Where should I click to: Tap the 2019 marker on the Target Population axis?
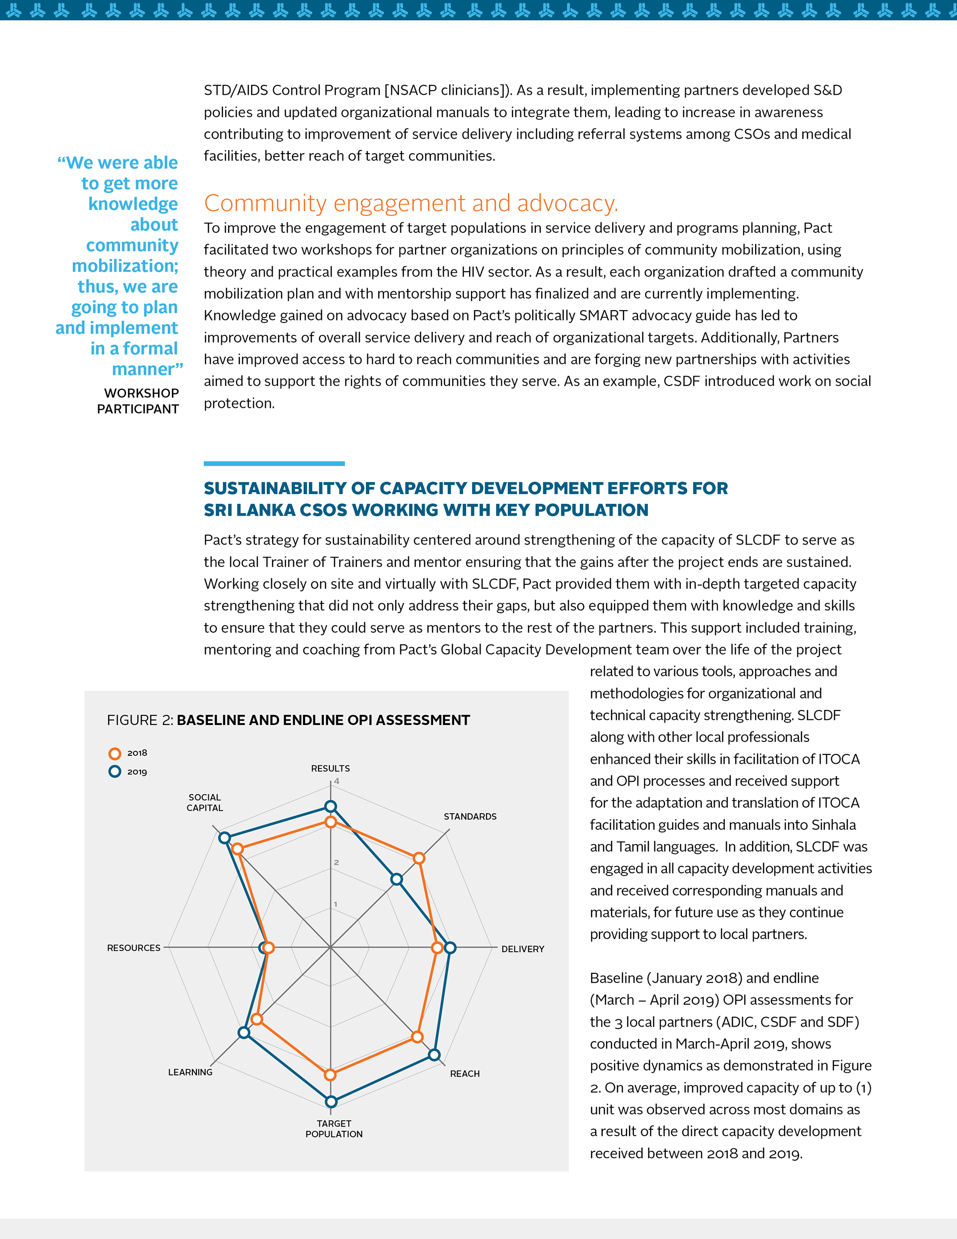331,1102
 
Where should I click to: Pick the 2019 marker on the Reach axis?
434,1055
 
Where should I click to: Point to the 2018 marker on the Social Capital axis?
238,849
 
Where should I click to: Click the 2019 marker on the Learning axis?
244,1033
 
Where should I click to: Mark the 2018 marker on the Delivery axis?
437,947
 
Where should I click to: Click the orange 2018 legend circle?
115,753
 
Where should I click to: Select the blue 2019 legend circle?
115,771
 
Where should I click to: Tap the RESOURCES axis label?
134,948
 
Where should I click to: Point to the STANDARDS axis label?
470,816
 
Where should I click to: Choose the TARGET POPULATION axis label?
333,1128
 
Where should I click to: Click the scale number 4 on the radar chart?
336,781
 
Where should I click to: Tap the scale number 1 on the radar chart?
335,904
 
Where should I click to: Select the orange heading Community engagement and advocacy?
411,203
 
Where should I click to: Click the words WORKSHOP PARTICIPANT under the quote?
139,401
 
